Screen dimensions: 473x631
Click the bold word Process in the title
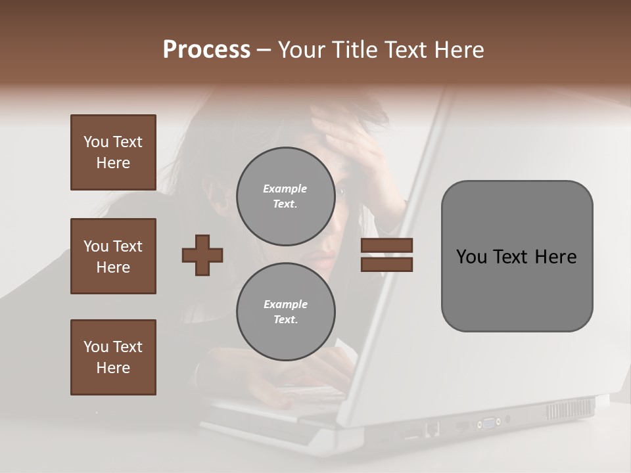tap(206, 50)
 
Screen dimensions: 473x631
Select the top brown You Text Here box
tap(113, 152)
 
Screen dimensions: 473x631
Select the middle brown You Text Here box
tap(113, 256)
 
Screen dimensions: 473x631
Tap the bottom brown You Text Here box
tap(113, 357)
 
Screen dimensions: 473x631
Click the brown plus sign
tap(202, 254)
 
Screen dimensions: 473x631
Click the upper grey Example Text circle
tap(285, 196)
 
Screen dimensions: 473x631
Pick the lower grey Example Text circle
tap(285, 311)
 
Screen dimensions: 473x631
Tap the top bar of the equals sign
tap(386, 245)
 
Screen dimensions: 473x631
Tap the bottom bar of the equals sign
tap(386, 264)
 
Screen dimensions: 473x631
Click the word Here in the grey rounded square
tap(555, 257)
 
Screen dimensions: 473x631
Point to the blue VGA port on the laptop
tap(489, 422)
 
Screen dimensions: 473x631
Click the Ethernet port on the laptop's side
tap(432, 430)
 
